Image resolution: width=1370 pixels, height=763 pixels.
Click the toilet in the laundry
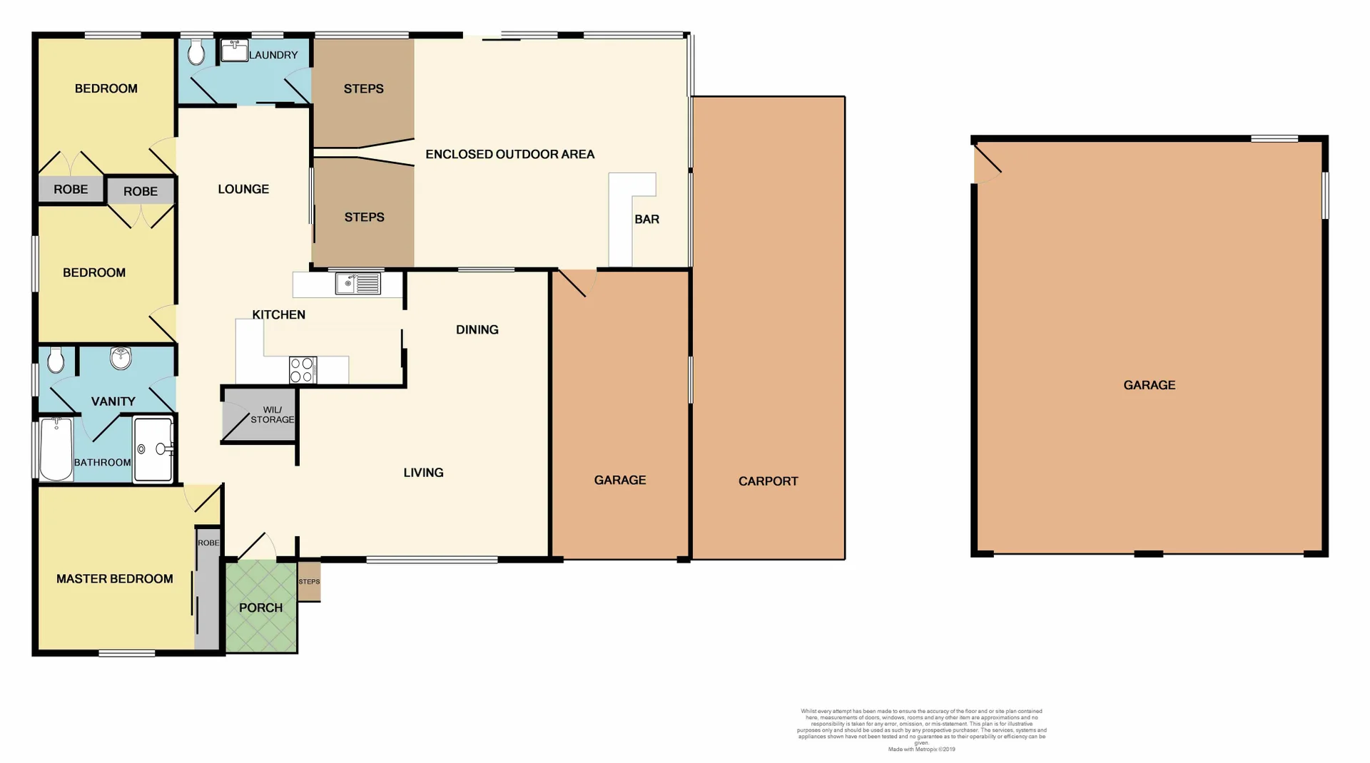tap(196, 52)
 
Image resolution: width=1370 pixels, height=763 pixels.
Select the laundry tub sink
tap(233, 51)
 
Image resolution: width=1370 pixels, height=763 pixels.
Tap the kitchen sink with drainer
tap(358, 284)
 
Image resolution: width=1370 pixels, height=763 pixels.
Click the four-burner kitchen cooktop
tap(303, 370)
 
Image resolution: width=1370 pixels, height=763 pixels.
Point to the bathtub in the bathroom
tap(56, 449)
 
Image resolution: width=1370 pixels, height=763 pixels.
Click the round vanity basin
tap(121, 358)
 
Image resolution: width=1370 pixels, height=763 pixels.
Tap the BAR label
tap(646, 219)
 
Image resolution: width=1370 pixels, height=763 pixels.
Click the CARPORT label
tap(768, 481)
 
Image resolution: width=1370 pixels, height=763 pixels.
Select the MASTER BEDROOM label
tap(114, 579)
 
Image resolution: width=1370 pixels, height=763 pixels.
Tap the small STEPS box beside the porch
tap(309, 582)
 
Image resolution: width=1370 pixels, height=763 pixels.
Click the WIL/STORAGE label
tap(272, 415)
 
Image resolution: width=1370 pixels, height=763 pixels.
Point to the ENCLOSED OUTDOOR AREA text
tap(509, 154)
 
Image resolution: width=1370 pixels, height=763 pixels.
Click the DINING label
tap(477, 329)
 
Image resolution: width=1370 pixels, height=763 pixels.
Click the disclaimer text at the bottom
tap(921, 729)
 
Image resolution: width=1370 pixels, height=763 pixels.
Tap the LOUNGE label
tap(243, 189)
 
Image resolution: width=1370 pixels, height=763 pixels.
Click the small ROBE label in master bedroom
tap(208, 543)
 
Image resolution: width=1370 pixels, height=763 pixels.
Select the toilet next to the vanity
tap(56, 361)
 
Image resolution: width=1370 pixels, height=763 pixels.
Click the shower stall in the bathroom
tap(153, 449)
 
